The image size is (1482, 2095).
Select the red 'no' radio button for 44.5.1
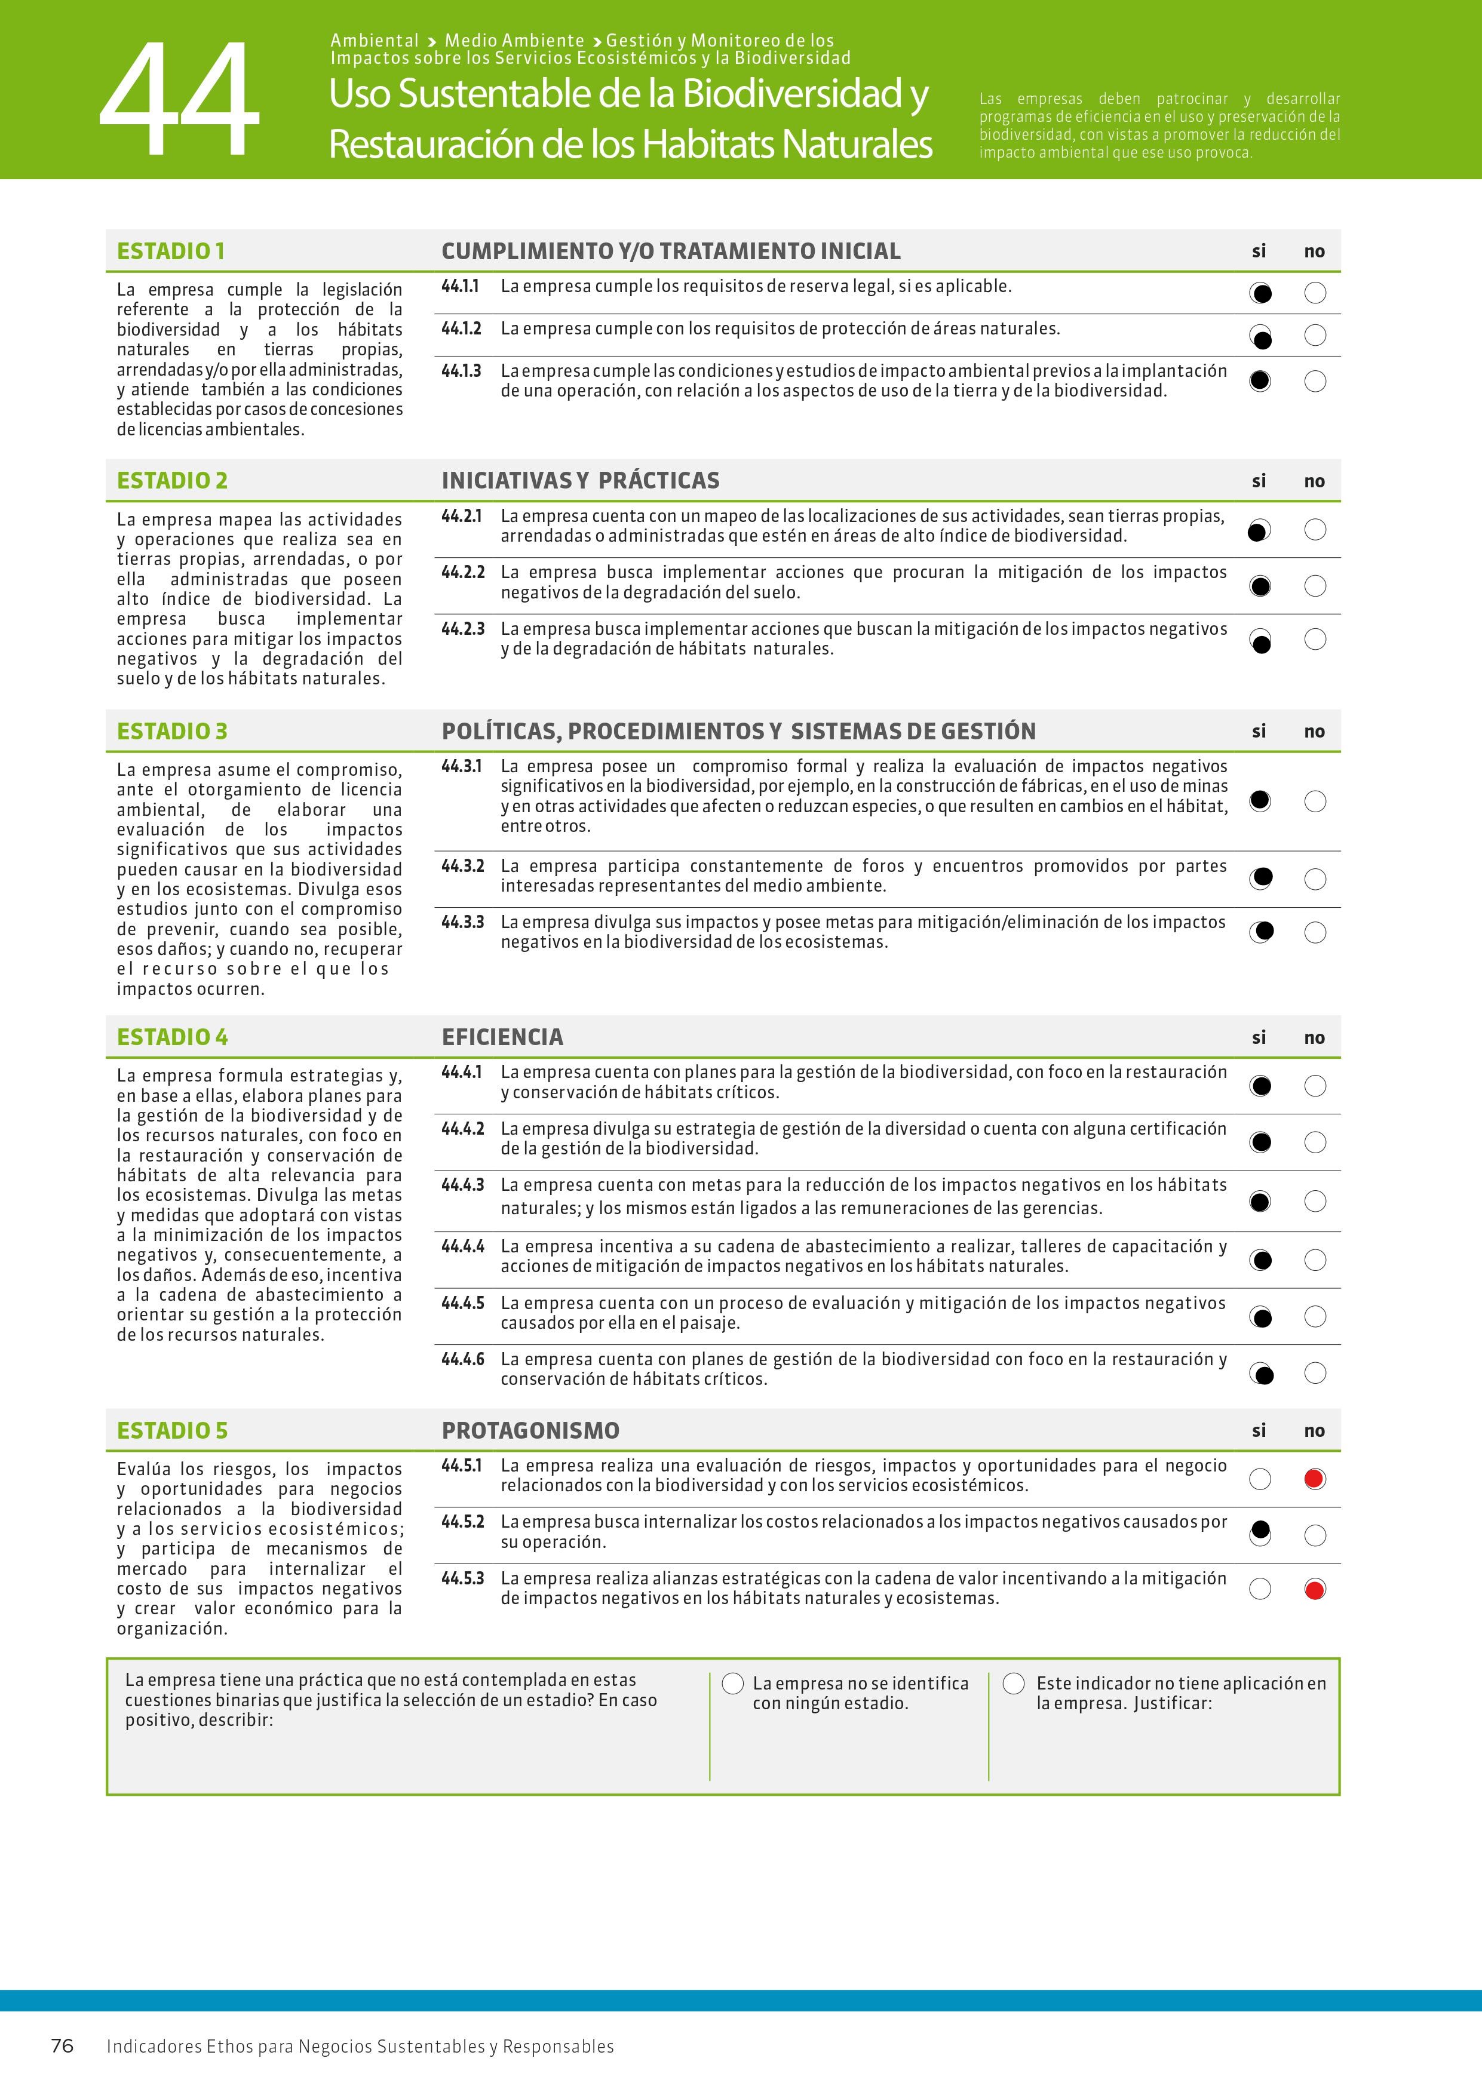coord(1314,1479)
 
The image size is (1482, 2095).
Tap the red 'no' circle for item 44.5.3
coord(1314,1590)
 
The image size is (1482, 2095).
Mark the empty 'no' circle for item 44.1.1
coord(1315,293)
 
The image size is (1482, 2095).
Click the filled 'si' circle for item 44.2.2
coord(1260,586)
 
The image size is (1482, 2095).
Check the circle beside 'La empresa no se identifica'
coord(733,1684)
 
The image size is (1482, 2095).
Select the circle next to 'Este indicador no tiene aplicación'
coord(1014,1684)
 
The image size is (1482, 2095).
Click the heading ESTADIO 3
coord(173,731)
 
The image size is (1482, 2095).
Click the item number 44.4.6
coord(463,1360)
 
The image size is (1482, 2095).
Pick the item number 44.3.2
coord(463,866)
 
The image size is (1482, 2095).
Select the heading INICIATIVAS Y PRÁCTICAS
coord(581,481)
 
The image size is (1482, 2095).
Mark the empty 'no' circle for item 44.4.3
coord(1315,1201)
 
